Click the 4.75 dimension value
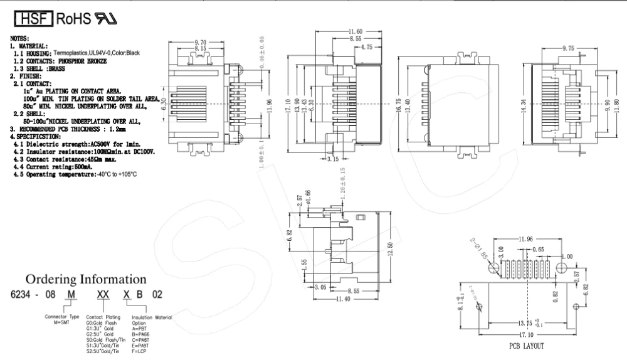[x=367, y=46]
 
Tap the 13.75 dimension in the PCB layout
[x=525, y=324]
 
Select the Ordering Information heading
[x=87, y=278]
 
